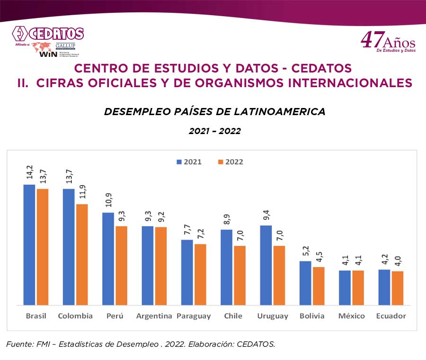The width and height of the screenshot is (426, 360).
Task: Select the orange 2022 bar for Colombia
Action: pyautogui.click(x=82, y=254)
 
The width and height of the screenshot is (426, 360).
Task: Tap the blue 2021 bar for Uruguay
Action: pyautogui.click(x=266, y=265)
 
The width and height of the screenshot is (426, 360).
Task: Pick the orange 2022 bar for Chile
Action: pyautogui.click(x=240, y=275)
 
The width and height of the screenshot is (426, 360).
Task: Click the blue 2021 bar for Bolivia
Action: pyautogui.click(x=305, y=283)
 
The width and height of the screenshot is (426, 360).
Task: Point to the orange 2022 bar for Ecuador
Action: pyautogui.click(x=397, y=288)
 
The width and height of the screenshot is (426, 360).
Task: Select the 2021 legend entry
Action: pyautogui.click(x=189, y=162)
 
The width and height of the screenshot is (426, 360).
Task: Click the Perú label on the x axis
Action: pyautogui.click(x=115, y=316)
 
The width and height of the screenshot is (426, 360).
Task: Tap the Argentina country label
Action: pyautogui.click(x=154, y=316)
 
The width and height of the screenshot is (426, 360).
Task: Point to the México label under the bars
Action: pyautogui.click(x=351, y=316)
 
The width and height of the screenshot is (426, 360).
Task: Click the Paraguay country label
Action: pyautogui.click(x=194, y=316)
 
